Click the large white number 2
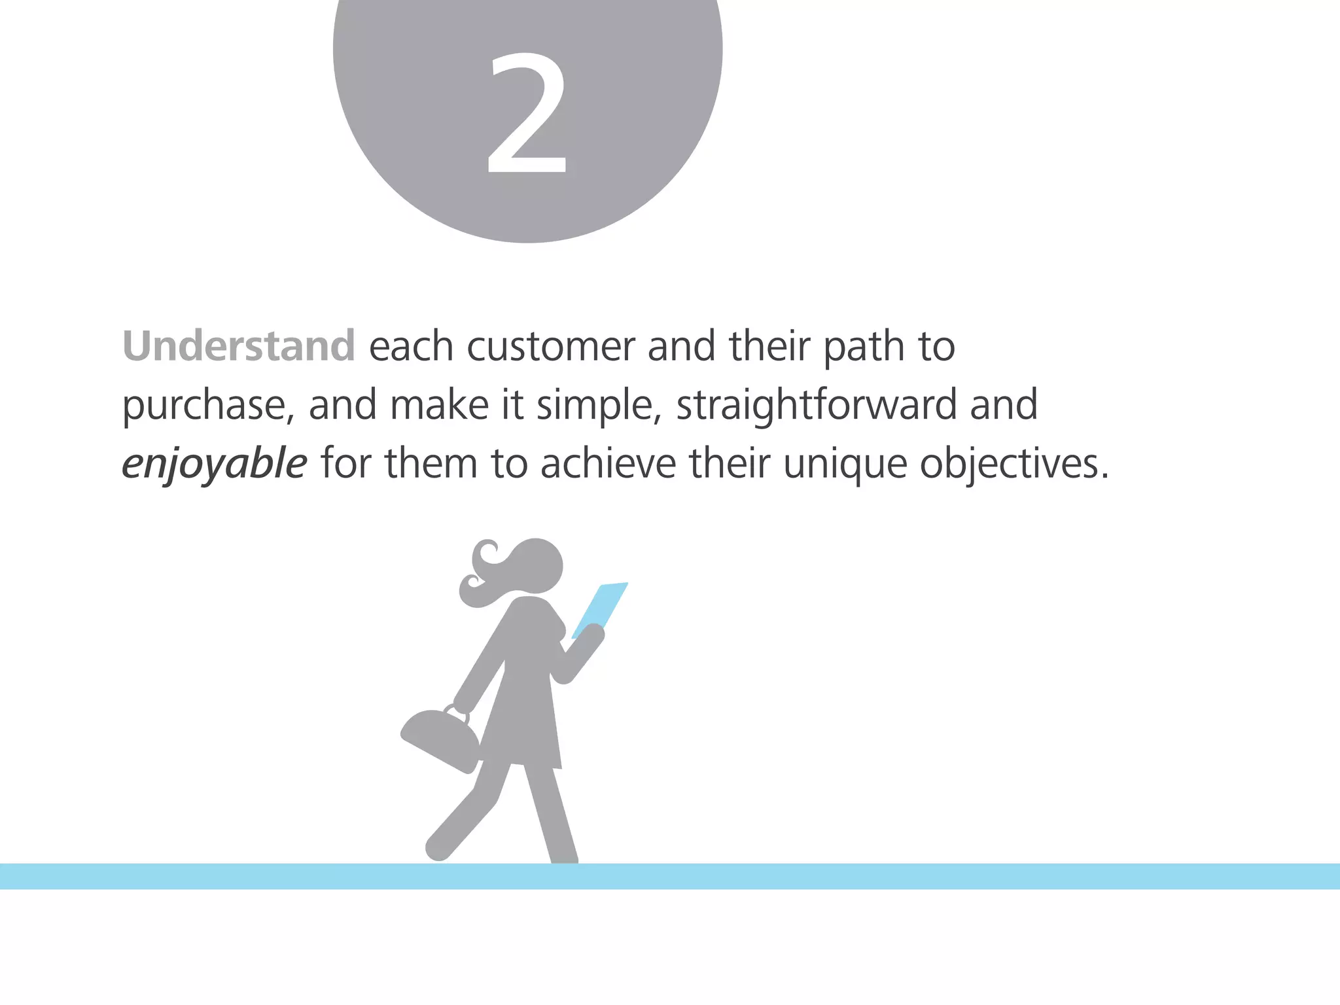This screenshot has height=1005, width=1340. pos(527,115)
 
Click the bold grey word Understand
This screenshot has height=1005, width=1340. pos(239,346)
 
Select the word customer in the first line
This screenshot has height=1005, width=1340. pos(551,346)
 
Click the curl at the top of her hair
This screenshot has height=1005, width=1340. pos(485,553)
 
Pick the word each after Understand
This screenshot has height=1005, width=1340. pos(411,346)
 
